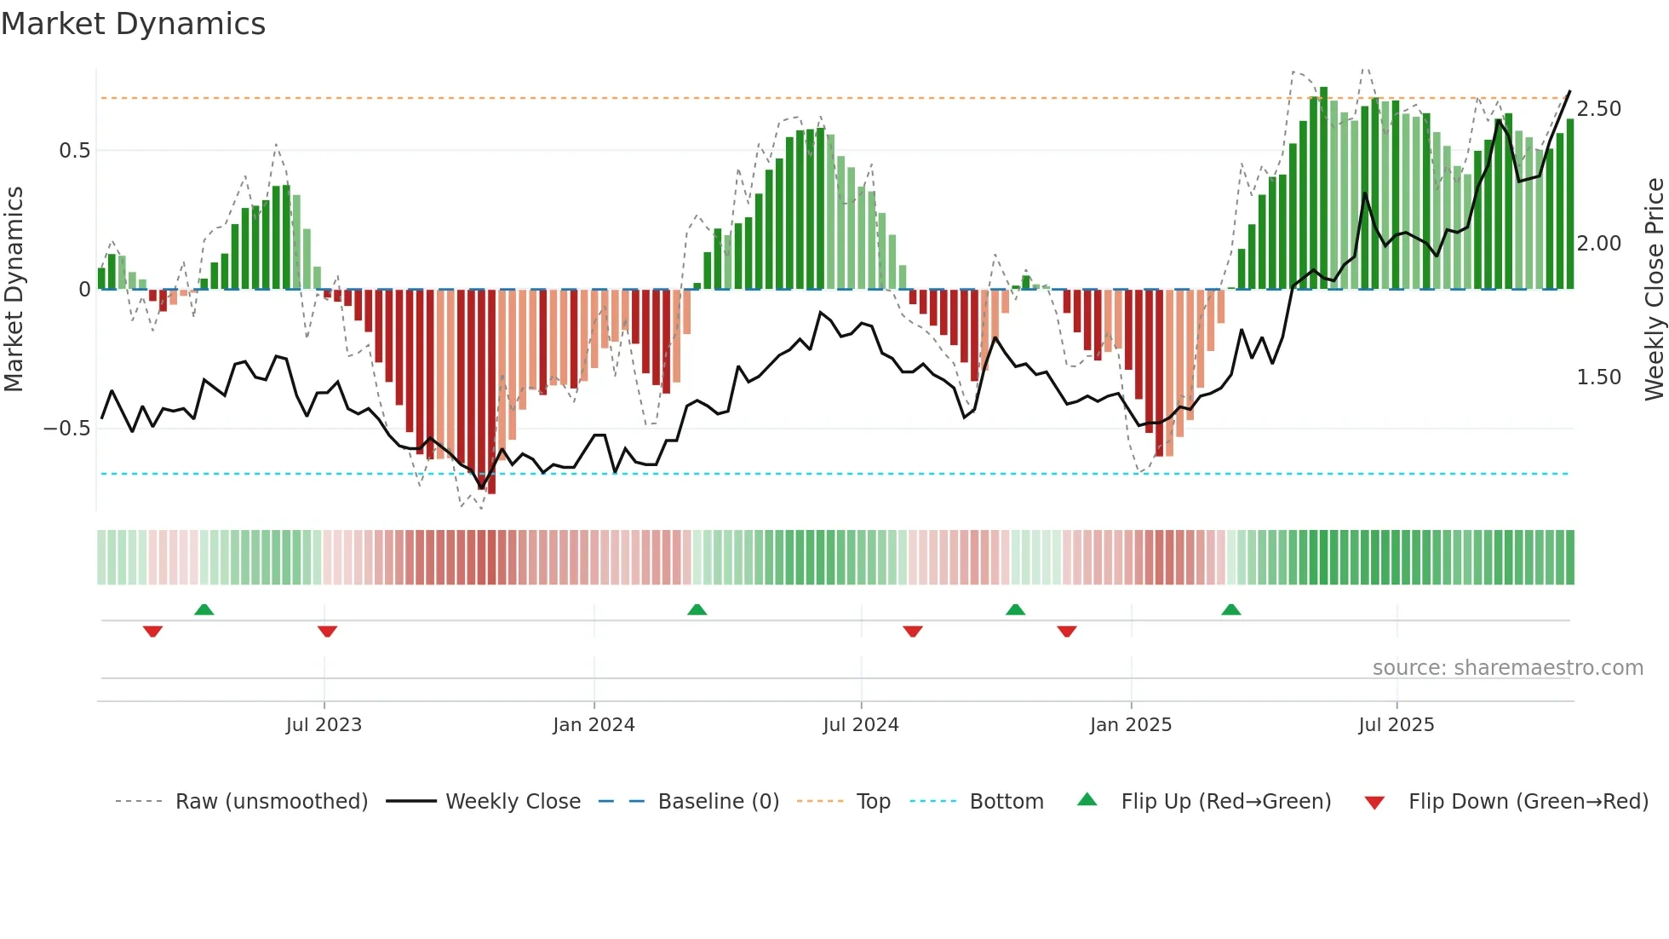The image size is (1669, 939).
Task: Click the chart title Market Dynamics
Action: coord(133,24)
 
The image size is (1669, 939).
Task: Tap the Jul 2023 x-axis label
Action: coord(324,725)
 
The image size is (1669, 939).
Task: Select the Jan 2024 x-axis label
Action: coord(594,725)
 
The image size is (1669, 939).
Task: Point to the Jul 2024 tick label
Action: coord(860,725)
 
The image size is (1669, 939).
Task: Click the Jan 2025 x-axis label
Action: coord(1130,725)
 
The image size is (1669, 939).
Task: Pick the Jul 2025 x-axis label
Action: coord(1396,725)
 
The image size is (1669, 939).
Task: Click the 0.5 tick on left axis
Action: coord(74,151)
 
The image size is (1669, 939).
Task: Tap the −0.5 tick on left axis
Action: coord(66,429)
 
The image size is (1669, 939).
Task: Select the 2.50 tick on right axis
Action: coord(1598,109)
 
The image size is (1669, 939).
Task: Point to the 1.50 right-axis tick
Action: coord(1598,377)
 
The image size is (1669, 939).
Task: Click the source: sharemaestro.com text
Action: coord(1507,668)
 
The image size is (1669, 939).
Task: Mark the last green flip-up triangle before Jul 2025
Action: coord(1230,609)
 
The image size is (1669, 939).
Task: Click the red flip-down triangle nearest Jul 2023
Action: coord(327,631)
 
